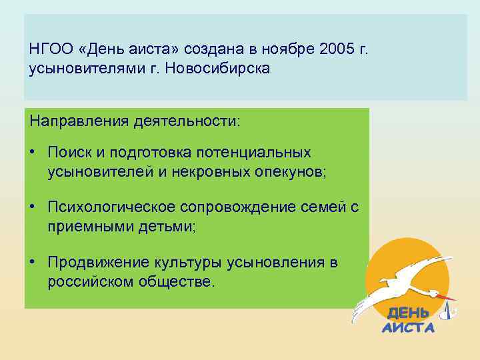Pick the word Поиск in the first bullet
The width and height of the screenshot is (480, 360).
point(67,153)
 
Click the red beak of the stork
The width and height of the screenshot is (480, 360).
point(447,296)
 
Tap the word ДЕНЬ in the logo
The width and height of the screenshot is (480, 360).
point(409,313)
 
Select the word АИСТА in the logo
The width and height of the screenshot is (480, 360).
point(408,327)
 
